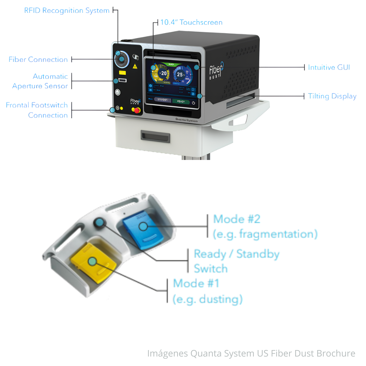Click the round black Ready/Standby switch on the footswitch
[99, 222]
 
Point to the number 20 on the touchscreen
[164, 73]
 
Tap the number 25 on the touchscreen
[180, 74]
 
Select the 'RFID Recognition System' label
[67, 11]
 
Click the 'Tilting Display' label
[332, 96]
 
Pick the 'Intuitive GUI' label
[329, 67]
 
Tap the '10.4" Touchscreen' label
[191, 22]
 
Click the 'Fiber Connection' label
[38, 60]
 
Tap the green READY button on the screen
[181, 101]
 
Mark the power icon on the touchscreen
[193, 102]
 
